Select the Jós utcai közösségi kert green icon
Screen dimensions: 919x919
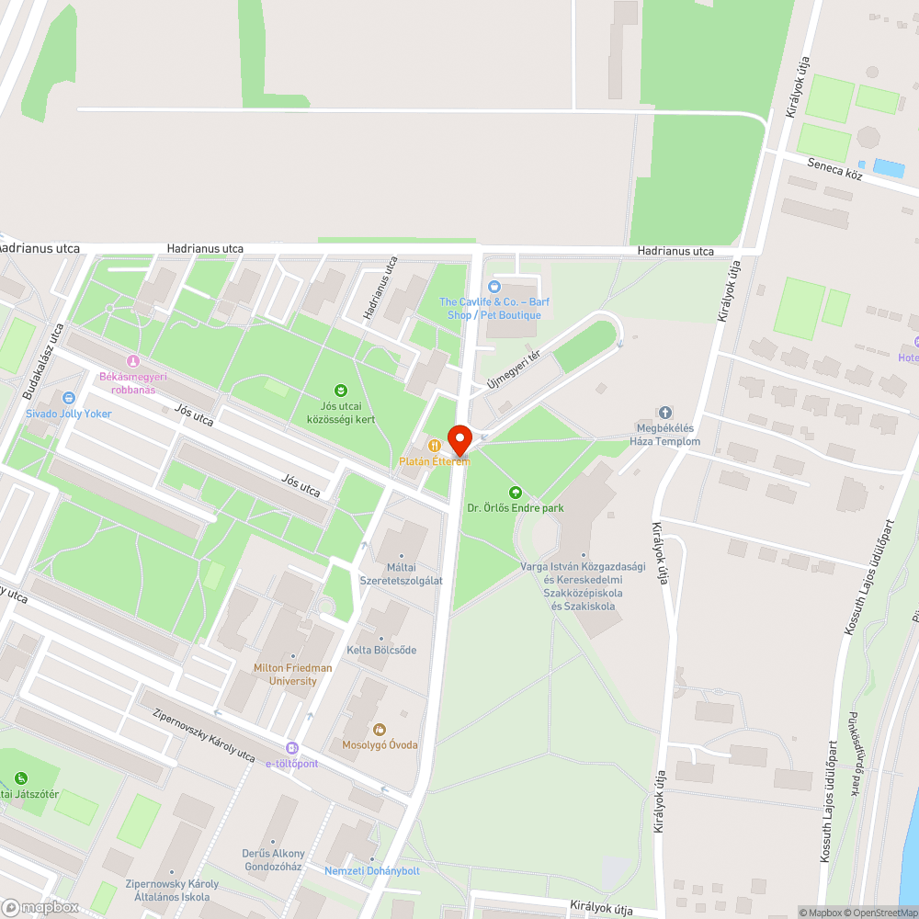(x=342, y=391)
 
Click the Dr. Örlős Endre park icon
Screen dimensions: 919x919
(x=515, y=493)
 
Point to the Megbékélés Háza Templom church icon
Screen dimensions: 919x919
(x=665, y=413)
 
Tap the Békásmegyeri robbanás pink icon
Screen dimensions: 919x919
(x=134, y=361)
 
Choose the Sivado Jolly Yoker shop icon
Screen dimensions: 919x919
(x=68, y=398)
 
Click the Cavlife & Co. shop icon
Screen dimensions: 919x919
(x=494, y=287)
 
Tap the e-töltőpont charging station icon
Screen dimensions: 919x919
(x=292, y=749)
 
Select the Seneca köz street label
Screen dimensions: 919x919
(x=834, y=170)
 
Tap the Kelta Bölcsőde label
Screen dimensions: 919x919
(x=381, y=650)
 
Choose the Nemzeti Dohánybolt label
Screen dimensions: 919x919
(x=371, y=870)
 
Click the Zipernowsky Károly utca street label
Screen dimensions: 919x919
(x=203, y=735)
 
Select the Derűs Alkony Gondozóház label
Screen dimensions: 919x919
(x=273, y=859)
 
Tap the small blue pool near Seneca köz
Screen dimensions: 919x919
(x=889, y=168)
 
